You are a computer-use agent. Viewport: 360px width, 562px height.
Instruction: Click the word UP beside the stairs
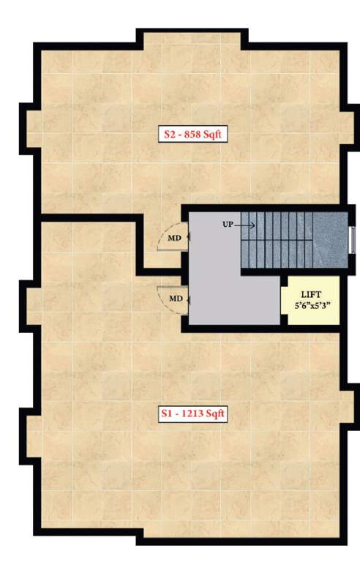228,224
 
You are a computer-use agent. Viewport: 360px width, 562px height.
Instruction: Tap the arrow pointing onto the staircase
247,224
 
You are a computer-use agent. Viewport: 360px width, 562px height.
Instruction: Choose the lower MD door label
176,299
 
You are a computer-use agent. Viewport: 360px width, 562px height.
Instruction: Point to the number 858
194,134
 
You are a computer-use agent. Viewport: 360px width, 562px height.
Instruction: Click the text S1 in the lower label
166,414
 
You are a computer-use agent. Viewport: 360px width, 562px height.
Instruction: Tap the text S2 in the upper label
168,134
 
